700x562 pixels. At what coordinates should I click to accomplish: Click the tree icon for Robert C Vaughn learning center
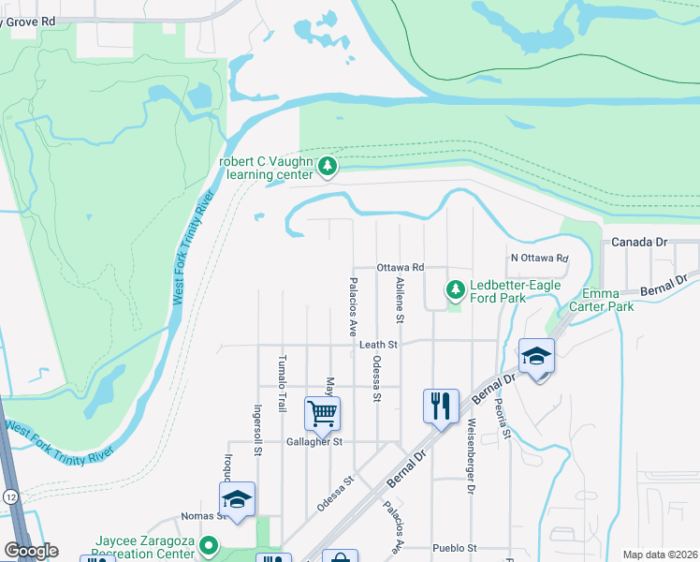click(x=328, y=167)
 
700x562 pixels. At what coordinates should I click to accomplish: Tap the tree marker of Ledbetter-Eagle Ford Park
click(x=456, y=289)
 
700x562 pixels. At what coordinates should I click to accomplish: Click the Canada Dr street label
click(x=639, y=242)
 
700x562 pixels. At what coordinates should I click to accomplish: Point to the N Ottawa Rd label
click(x=540, y=258)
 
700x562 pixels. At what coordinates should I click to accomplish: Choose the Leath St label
click(x=379, y=345)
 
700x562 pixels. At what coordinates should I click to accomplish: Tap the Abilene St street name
click(x=400, y=300)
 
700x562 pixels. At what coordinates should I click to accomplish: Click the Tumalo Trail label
click(x=281, y=384)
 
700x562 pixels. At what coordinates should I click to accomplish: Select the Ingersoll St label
click(x=256, y=429)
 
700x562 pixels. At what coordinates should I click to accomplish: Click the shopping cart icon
click(x=322, y=411)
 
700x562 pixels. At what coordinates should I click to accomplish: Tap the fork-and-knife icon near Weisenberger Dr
click(x=441, y=406)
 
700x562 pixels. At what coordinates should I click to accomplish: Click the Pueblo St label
click(x=455, y=548)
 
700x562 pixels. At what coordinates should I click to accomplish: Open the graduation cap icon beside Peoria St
click(x=537, y=356)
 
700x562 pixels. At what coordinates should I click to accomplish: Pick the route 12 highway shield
click(x=10, y=494)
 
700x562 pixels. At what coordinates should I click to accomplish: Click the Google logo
click(x=31, y=551)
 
